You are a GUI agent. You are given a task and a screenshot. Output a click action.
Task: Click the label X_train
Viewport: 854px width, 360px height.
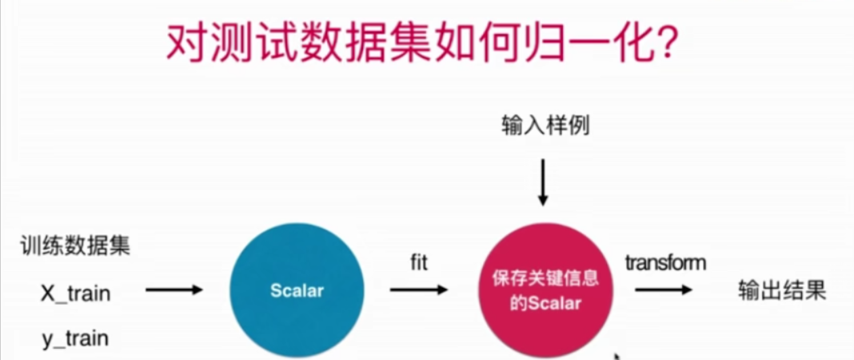[75, 294]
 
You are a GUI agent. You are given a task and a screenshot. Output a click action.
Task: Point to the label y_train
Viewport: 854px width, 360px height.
[75, 338]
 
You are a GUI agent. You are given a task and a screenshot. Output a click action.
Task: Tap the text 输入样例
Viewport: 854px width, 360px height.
[546, 126]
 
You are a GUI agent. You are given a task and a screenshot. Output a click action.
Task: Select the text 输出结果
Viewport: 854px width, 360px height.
[780, 292]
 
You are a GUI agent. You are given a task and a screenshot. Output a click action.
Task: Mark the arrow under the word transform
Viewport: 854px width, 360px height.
[664, 291]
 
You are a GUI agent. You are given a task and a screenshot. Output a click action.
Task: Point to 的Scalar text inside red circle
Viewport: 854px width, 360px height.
[546, 304]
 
